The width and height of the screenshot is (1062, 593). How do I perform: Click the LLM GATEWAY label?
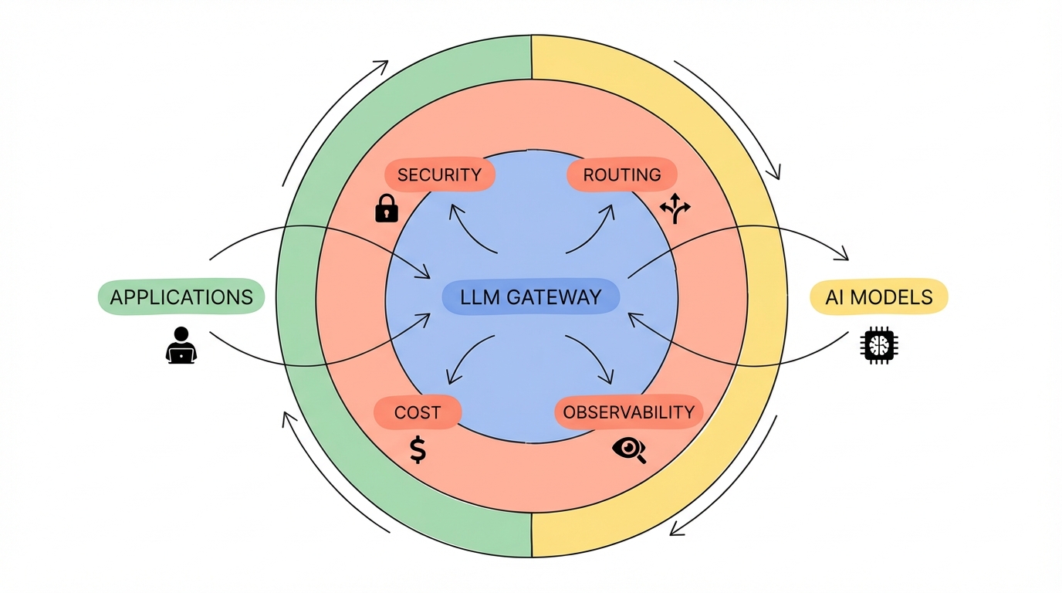click(x=530, y=297)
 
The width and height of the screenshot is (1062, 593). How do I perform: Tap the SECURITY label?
click(x=439, y=175)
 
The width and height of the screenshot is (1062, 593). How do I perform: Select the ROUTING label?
click(x=622, y=175)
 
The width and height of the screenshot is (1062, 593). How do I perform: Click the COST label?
click(x=417, y=412)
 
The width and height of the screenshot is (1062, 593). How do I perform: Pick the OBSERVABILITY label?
click(x=628, y=412)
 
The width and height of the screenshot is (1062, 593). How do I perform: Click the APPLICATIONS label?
click(x=181, y=296)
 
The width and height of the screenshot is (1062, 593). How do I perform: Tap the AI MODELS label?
click(x=879, y=296)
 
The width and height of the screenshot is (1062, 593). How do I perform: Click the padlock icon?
click(x=386, y=208)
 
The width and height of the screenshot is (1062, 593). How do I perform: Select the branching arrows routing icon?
click(x=676, y=208)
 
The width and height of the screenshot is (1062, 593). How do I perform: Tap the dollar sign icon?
click(x=418, y=449)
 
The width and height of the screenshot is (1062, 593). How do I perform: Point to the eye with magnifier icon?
click(x=628, y=449)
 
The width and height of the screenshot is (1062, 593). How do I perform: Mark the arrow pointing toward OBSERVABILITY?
click(x=594, y=361)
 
